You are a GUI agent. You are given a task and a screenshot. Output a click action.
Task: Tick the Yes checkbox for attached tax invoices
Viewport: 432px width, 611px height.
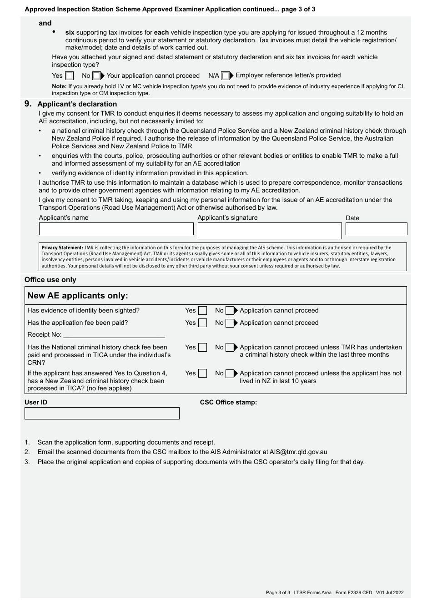[x=69, y=76]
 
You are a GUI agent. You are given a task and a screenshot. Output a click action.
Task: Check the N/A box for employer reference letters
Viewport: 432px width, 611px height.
[x=225, y=76]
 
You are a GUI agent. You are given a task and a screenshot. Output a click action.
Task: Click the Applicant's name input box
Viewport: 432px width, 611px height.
[x=116, y=229]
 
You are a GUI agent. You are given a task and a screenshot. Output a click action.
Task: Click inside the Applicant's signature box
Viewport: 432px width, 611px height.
[x=269, y=231]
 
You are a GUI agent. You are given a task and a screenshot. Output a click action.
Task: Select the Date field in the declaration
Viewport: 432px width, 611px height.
[x=376, y=229]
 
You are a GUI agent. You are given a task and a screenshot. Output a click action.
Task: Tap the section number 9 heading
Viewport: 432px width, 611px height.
[x=28, y=104]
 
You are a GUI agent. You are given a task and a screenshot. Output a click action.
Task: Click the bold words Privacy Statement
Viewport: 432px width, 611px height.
[x=62, y=248]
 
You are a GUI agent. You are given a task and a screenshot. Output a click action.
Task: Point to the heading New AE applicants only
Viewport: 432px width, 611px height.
[x=78, y=296]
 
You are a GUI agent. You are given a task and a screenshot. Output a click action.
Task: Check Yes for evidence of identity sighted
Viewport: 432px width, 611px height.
[x=202, y=311]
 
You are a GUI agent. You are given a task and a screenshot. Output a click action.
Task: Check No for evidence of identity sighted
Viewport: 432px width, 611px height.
[x=230, y=311]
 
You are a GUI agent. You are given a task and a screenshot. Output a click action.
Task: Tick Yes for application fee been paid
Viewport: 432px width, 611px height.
[x=202, y=323]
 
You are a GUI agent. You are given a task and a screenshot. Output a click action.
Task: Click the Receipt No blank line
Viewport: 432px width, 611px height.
[x=115, y=335]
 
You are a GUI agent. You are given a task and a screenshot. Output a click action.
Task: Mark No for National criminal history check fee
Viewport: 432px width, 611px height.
[x=230, y=348]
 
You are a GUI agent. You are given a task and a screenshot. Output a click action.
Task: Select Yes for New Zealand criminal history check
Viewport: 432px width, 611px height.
[x=202, y=374]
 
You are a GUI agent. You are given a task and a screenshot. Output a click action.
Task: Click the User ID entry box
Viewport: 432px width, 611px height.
[x=102, y=413]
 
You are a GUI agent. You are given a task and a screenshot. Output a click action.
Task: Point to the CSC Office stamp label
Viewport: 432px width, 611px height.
[x=228, y=402]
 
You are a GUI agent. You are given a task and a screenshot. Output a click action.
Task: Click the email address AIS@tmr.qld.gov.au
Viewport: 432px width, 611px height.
[x=298, y=452]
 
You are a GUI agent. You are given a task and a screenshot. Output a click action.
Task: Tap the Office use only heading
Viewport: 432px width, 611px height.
[x=50, y=280]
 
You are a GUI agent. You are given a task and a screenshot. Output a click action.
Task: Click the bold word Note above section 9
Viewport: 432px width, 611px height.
[x=59, y=86]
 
